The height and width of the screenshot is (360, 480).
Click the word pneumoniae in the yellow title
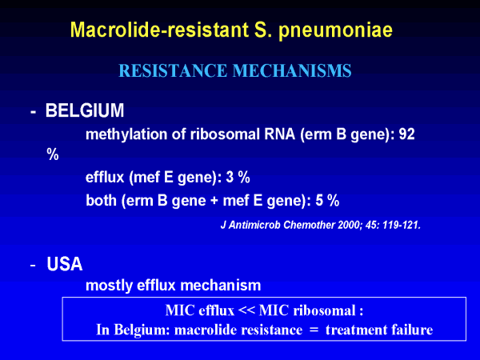pyautogui.click(x=335, y=30)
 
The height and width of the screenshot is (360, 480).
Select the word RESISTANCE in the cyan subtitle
pyautogui.click(x=173, y=70)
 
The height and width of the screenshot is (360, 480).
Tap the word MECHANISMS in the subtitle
pyautogui.click(x=292, y=70)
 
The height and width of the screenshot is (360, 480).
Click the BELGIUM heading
pyautogui.click(x=85, y=110)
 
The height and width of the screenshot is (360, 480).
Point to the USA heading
pyautogui.click(x=65, y=264)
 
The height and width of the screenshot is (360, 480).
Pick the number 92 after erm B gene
pyautogui.click(x=406, y=134)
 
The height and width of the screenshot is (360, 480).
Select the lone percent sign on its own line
pyautogui.click(x=53, y=154)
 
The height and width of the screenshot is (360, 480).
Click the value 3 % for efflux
pyautogui.click(x=238, y=178)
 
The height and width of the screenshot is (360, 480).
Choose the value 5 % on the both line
pyautogui.click(x=327, y=201)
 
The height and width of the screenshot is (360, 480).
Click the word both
pyautogui.click(x=102, y=201)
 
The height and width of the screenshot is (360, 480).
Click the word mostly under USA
pyautogui.click(x=109, y=286)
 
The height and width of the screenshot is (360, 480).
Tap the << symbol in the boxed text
pyautogui.click(x=246, y=311)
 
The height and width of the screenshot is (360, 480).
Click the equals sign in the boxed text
pyautogui.click(x=314, y=330)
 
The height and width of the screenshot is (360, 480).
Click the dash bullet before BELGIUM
pyautogui.click(x=33, y=112)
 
